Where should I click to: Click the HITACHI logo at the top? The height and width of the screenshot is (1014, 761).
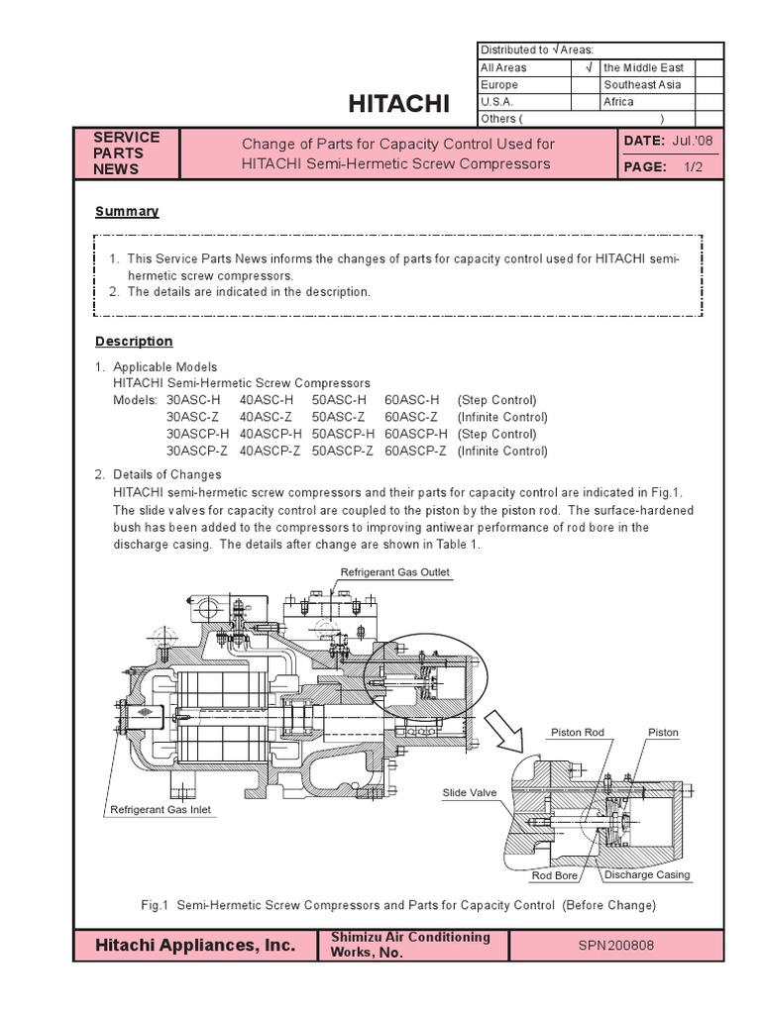click(x=400, y=104)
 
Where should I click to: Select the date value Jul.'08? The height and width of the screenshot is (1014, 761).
click(x=692, y=143)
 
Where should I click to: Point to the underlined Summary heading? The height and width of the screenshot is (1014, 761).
click(x=127, y=211)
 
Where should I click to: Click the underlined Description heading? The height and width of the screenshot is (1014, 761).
click(x=134, y=341)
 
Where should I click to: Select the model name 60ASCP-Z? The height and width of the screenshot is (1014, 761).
click(x=415, y=451)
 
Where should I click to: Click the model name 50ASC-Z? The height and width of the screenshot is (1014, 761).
click(x=338, y=417)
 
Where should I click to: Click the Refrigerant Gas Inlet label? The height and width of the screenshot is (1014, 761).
click(x=160, y=809)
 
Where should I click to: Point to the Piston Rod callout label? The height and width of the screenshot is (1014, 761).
click(x=577, y=732)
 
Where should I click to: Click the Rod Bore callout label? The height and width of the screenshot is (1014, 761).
click(x=555, y=875)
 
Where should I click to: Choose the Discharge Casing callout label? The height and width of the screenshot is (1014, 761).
click(x=647, y=875)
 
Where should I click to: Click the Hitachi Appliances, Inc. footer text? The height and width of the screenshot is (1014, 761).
click(x=195, y=946)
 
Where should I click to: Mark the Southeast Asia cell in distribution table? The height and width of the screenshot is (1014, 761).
click(x=643, y=85)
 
